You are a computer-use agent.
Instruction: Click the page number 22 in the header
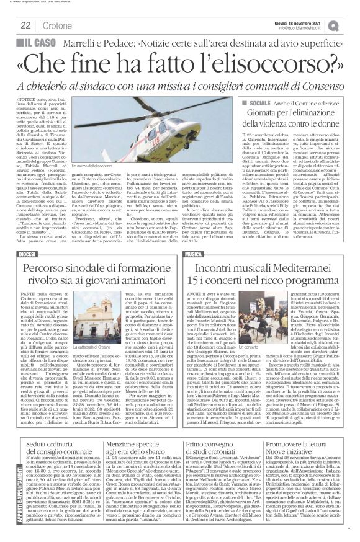click(x=26, y=25)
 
